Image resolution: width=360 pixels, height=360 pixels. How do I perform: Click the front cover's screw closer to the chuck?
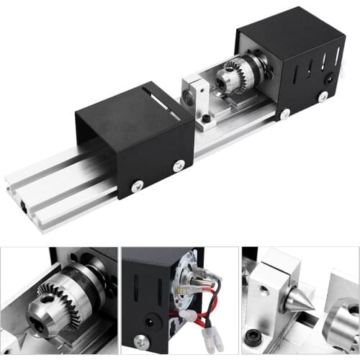pyautogui.click(x=179, y=166)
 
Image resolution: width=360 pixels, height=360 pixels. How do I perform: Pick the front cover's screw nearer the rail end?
pyautogui.click(x=136, y=186)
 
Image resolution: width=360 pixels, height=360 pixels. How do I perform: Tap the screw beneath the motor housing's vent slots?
pyautogui.click(x=323, y=96)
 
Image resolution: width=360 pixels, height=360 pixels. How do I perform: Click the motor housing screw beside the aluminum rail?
pyautogui.click(x=285, y=114)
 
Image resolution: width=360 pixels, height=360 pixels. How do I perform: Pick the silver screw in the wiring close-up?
pyautogui.click(x=143, y=341)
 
